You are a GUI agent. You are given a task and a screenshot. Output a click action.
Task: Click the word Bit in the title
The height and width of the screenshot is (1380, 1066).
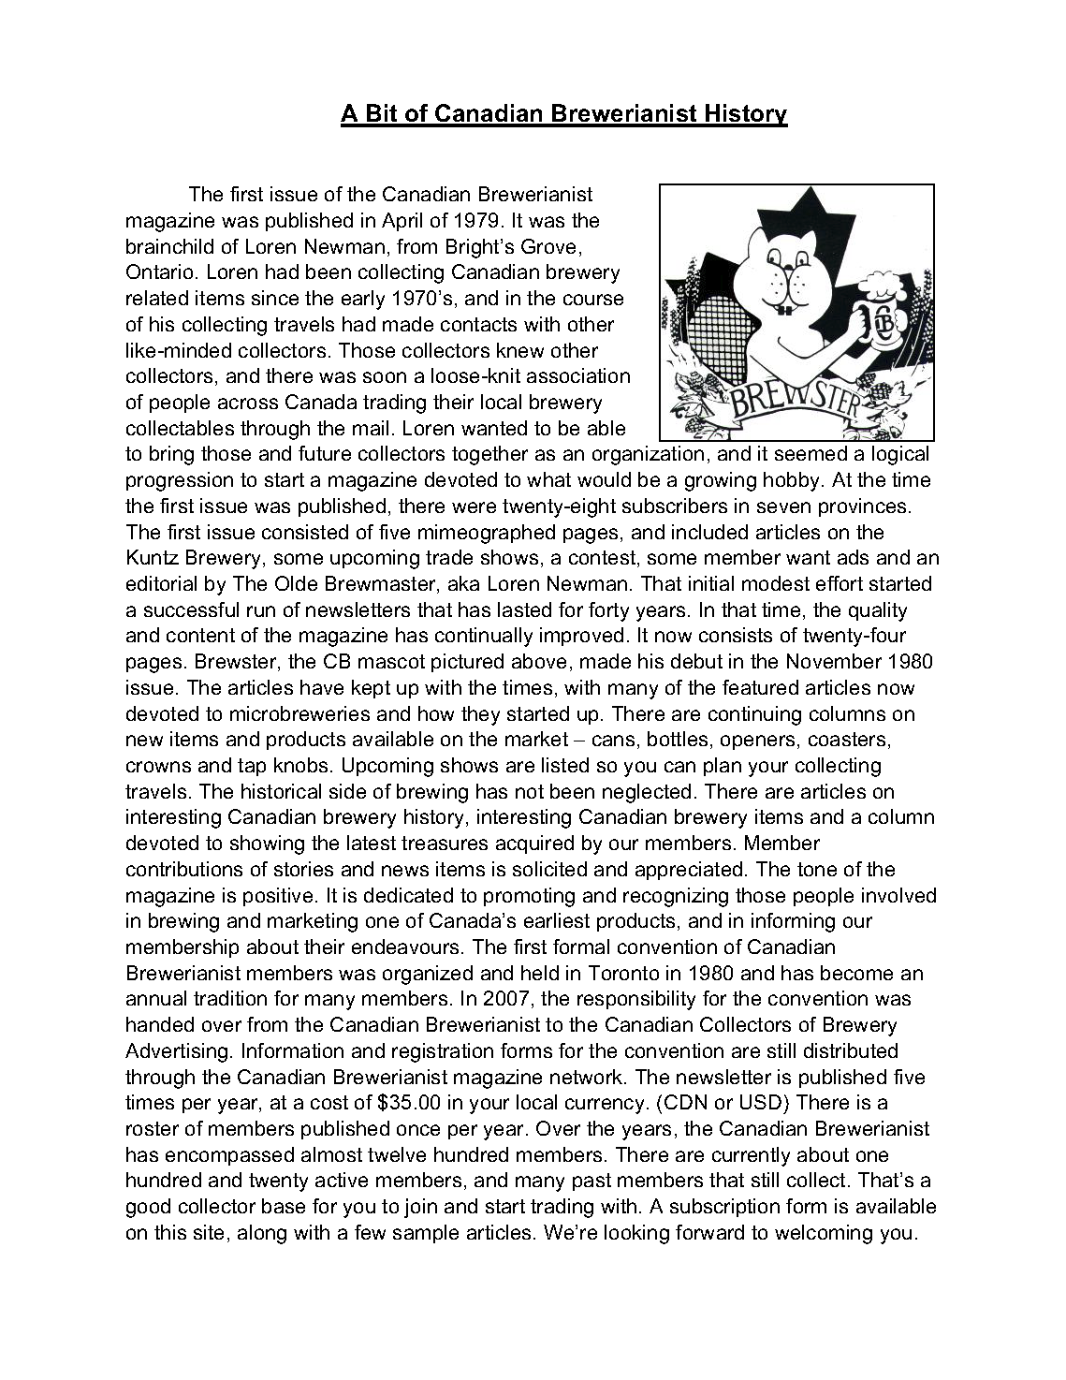point(376,114)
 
